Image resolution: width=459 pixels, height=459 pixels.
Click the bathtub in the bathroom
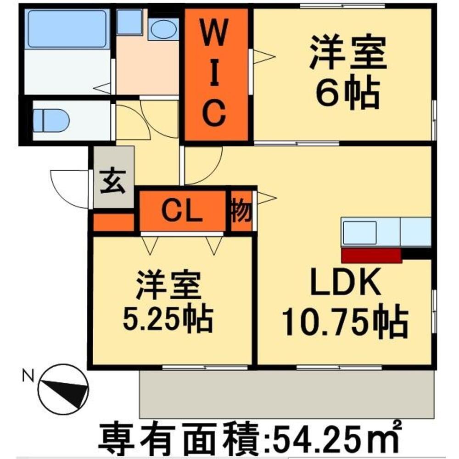point(67,28)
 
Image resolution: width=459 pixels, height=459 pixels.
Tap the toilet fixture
point(51,121)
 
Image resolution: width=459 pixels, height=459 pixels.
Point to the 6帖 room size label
point(347,92)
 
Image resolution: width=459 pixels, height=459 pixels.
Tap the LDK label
point(346,282)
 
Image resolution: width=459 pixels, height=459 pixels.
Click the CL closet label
point(182,211)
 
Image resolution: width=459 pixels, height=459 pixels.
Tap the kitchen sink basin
point(360,233)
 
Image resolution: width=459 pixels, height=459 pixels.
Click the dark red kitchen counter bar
point(371,256)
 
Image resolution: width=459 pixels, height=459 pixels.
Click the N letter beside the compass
point(28,376)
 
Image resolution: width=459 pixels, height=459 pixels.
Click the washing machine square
point(129,22)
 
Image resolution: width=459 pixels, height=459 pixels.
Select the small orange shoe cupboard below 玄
point(113,223)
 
